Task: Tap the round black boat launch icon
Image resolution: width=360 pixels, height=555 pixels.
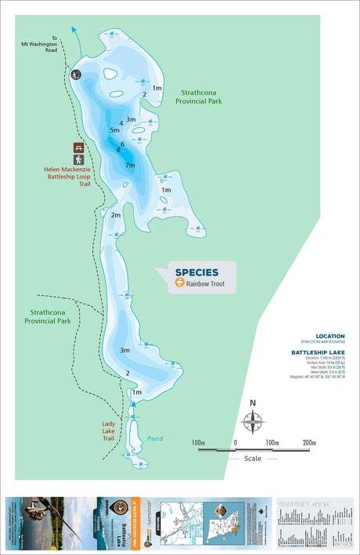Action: (76, 74)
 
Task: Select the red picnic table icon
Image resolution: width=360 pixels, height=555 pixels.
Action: (78, 147)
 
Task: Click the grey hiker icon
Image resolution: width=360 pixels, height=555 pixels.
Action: (78, 160)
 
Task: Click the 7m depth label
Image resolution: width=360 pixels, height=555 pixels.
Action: (130, 165)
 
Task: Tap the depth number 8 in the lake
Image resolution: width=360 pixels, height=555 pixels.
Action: (119, 150)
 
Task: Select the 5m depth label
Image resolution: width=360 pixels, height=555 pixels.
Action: (114, 129)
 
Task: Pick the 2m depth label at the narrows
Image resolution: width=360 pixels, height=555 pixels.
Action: (115, 214)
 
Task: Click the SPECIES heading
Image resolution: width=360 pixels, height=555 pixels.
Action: (196, 272)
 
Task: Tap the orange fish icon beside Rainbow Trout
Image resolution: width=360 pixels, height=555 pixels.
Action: (179, 284)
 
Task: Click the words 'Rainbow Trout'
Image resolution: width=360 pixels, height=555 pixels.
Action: (205, 284)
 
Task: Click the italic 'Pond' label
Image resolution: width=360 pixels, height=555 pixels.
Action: (155, 438)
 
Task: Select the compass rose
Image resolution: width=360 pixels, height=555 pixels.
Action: (252, 420)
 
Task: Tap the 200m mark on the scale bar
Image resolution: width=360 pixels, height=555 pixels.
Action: (309, 443)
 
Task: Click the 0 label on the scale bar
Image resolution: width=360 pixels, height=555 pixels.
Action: (235, 443)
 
